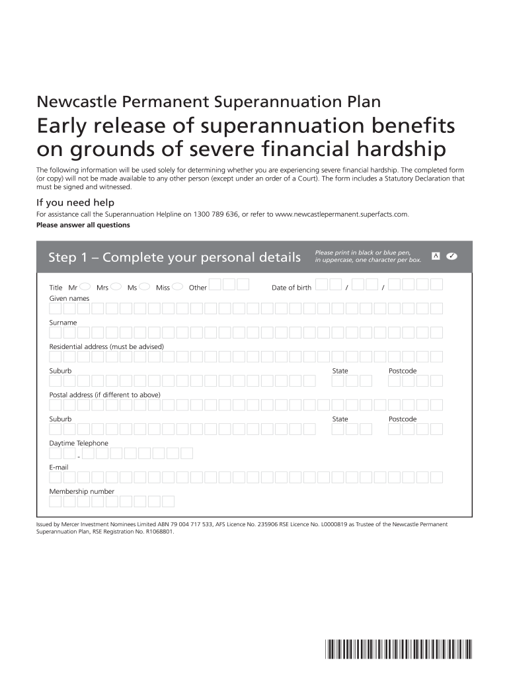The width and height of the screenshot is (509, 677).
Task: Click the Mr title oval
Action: [85, 287]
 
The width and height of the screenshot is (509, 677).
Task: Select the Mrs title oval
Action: [115, 287]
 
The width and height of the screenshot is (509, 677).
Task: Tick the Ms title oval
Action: [145, 287]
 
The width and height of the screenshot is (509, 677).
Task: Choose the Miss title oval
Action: [177, 287]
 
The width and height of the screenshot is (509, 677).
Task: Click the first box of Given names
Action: [56, 308]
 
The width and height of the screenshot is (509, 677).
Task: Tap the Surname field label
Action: [63, 323]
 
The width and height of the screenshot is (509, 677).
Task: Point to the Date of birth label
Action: [292, 288]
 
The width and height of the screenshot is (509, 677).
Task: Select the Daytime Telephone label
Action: [79, 443]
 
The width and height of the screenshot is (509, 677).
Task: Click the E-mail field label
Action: [59, 467]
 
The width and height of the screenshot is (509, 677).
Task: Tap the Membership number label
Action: [81, 491]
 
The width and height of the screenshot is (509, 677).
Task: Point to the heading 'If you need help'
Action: [75, 202]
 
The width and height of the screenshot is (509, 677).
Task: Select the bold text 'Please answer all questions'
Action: [83, 225]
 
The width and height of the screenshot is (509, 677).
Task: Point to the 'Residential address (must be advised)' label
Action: [106, 346]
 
